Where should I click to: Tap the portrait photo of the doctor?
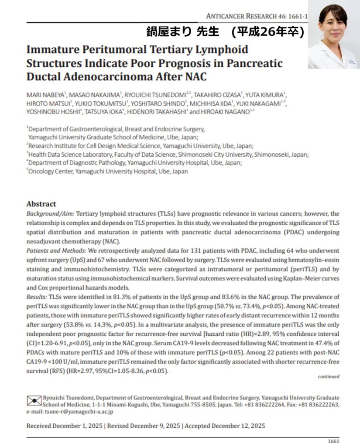click(x=333, y=35)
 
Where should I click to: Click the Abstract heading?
click(x=41, y=204)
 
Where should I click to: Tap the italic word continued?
click(x=328, y=376)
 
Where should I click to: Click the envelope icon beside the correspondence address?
click(x=34, y=400)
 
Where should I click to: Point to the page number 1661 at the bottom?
click(x=333, y=441)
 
